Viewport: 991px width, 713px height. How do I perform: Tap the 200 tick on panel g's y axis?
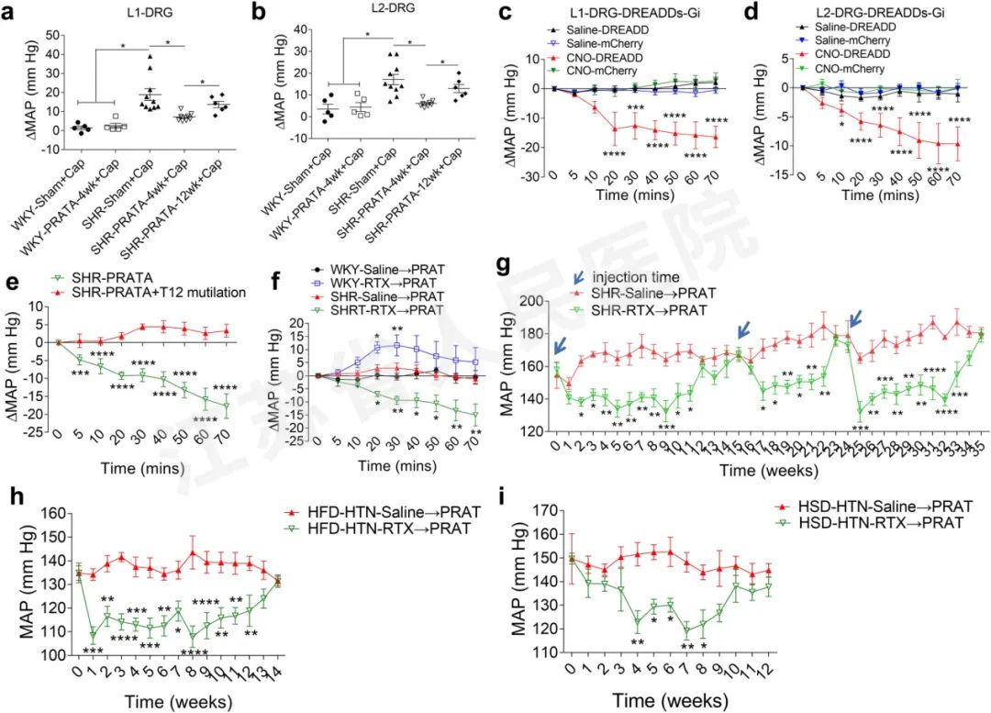(529, 301)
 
